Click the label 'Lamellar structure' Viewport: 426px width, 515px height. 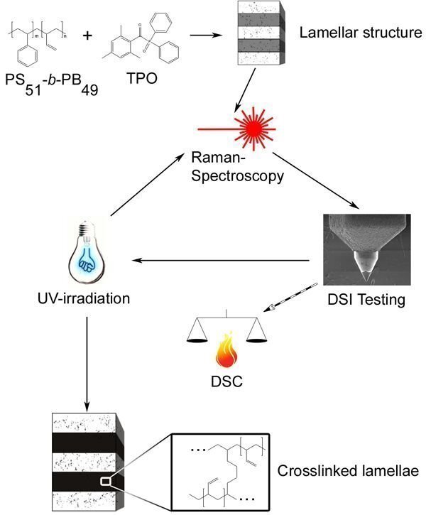(361, 33)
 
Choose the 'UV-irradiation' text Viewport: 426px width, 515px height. (85, 298)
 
